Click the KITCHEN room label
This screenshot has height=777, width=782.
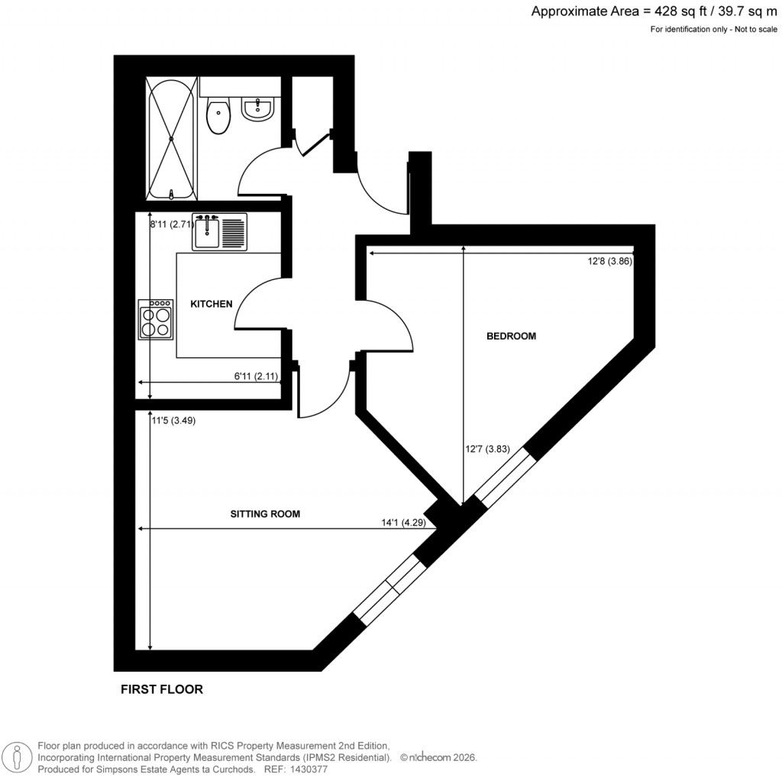click(x=211, y=304)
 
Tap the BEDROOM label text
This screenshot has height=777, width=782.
click(x=511, y=336)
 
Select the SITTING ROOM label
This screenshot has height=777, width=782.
click(x=265, y=514)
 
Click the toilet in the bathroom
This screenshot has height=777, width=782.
click(x=218, y=117)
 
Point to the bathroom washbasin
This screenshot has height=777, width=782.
click(x=257, y=109)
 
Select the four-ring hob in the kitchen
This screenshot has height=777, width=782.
click(x=155, y=320)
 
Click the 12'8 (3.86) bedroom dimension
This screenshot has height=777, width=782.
click(x=609, y=261)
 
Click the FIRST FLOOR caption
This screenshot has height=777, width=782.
click(x=162, y=689)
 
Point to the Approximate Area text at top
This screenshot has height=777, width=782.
click(x=654, y=11)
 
